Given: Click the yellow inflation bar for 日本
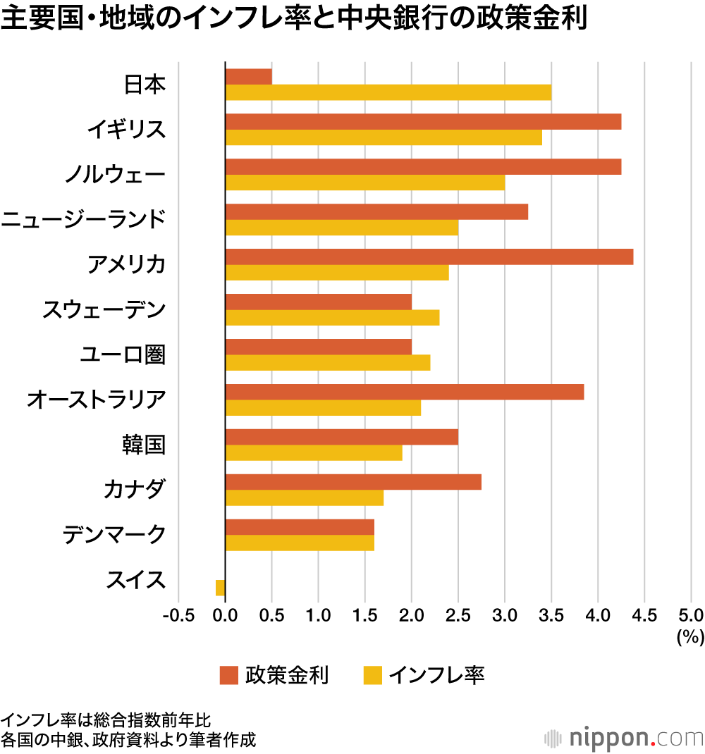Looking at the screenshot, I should coord(388,92).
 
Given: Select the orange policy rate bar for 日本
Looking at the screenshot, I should coord(248,77).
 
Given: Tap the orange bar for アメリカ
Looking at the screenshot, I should coord(429,257).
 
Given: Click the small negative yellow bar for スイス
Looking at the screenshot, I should coord(220,588).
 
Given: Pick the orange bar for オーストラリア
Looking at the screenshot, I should coord(404,392).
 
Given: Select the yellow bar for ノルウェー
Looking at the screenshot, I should coord(364,183).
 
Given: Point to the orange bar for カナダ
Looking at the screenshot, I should coord(352,482).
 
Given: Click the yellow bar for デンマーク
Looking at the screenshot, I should coord(300,543).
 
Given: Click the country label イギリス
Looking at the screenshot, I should coord(126,129).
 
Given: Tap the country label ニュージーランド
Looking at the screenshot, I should coord(83,219).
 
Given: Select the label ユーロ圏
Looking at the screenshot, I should coord(122,354).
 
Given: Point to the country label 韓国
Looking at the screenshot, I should coord(143,445).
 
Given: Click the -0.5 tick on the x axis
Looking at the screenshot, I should coord(178,615).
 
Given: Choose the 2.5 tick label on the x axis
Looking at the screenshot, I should coord(458,615).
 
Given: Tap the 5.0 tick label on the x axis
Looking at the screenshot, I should coord(690,615).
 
